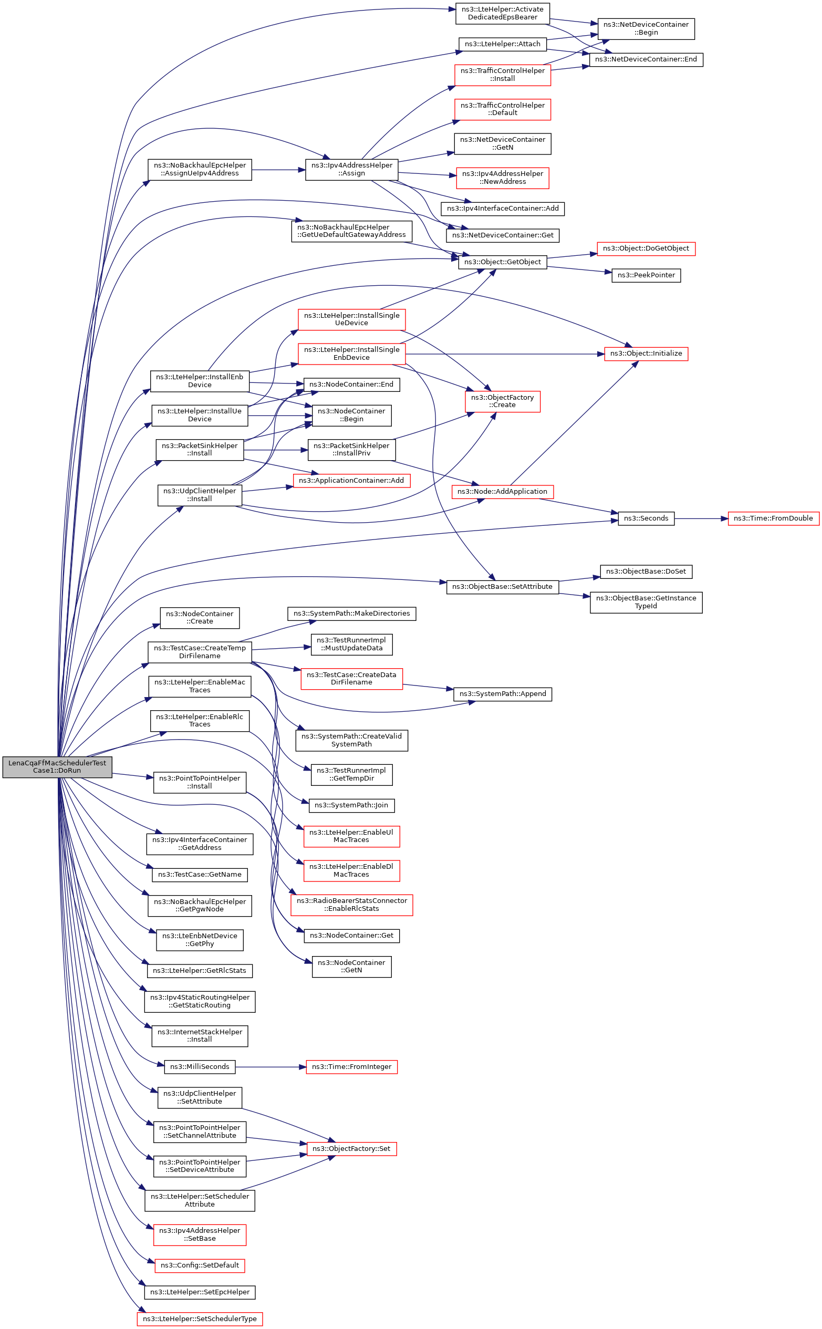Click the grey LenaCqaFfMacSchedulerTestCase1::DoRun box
point(57,766)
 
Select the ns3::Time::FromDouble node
point(773,518)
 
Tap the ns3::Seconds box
point(646,518)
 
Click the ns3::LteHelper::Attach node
point(502,44)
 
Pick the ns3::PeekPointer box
point(646,276)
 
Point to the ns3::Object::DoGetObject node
point(646,248)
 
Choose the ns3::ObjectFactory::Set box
point(351,1148)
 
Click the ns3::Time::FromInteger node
point(351,1067)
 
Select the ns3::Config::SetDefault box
point(200,1265)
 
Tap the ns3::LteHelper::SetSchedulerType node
point(200,1319)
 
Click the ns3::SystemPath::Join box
point(351,805)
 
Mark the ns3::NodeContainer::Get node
point(351,936)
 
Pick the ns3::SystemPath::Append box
point(502,694)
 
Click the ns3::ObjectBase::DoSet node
point(646,572)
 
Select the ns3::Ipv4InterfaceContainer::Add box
point(502,209)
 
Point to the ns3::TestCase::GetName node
point(200,875)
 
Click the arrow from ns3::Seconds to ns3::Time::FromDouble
point(701,518)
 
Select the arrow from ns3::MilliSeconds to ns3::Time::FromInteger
point(270,1067)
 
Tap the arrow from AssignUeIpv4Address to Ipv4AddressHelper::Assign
point(278,170)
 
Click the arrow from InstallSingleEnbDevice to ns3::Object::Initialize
point(505,354)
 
